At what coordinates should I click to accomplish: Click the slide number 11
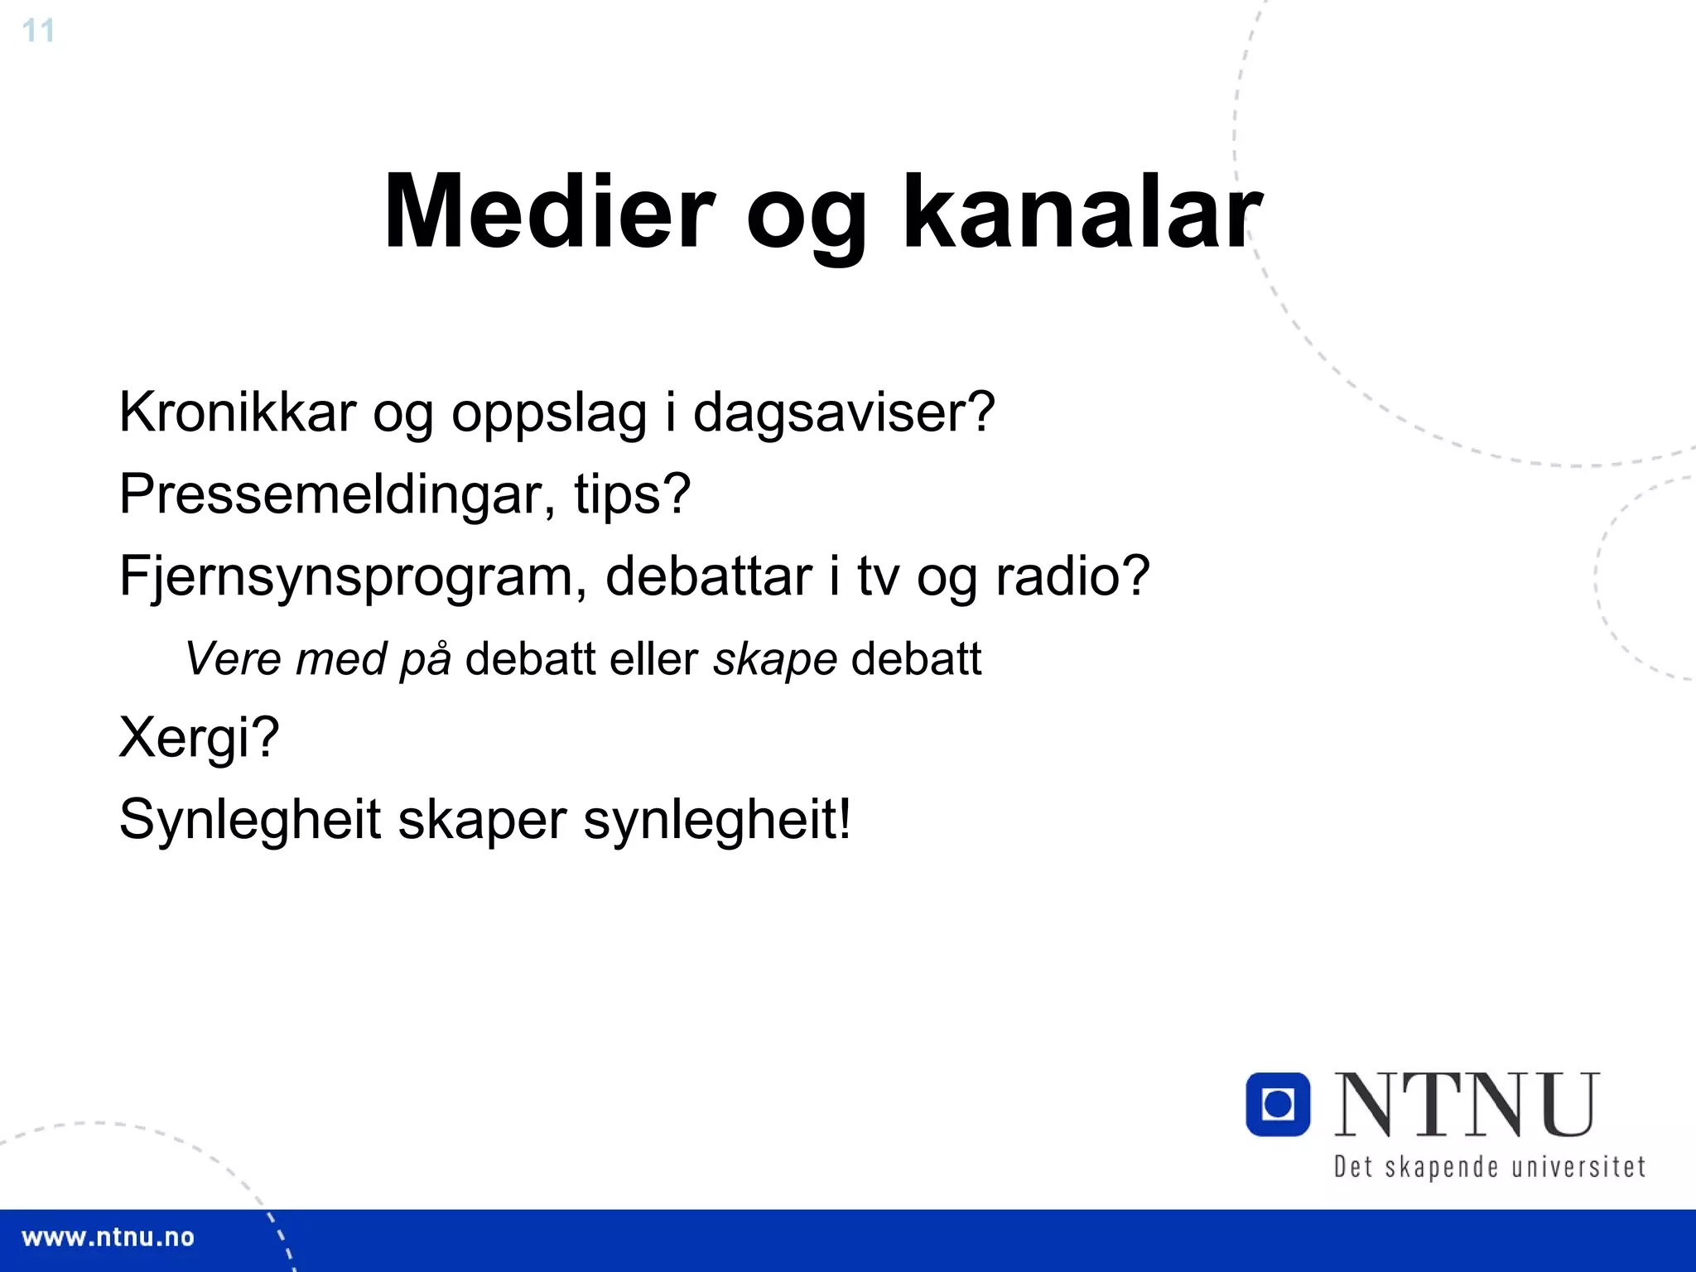pyautogui.click(x=38, y=31)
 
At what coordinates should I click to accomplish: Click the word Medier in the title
pyautogui.click(x=548, y=212)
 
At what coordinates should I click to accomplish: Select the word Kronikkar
pyautogui.click(x=237, y=412)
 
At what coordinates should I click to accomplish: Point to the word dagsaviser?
pyautogui.click(x=843, y=412)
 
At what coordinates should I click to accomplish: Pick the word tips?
pyautogui.click(x=632, y=494)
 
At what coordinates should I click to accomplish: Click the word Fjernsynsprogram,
pyautogui.click(x=353, y=576)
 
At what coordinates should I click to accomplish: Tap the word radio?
pyautogui.click(x=1072, y=576)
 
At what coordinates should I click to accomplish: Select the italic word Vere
pyautogui.click(x=234, y=659)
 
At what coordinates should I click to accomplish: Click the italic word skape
pyautogui.click(x=775, y=659)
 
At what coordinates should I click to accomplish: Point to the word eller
pyautogui.click(x=653, y=659)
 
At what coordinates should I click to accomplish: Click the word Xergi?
pyautogui.click(x=199, y=737)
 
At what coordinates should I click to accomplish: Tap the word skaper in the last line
pyautogui.click(x=483, y=820)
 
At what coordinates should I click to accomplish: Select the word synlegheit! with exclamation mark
pyautogui.click(x=717, y=820)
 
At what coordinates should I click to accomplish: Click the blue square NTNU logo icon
pyautogui.click(x=1278, y=1104)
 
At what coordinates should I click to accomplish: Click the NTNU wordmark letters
pyautogui.click(x=1467, y=1105)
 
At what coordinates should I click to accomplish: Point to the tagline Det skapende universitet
pyautogui.click(x=1489, y=1167)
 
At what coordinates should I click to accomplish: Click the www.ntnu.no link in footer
pyautogui.click(x=108, y=1238)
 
